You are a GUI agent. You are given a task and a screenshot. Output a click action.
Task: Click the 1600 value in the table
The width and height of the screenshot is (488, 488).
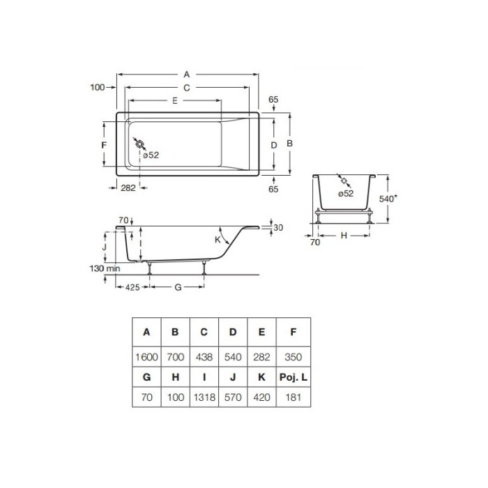tap(146, 356)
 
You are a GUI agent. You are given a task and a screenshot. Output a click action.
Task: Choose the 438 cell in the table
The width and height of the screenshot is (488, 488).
tap(204, 356)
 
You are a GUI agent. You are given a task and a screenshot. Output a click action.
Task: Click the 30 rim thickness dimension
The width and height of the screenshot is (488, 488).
tap(279, 228)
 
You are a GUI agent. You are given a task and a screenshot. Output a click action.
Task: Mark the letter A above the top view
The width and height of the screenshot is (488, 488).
tap(186, 74)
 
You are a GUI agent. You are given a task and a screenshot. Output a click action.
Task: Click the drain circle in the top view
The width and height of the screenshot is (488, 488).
tap(141, 144)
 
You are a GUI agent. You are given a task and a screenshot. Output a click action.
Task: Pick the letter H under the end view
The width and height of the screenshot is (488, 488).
tap(343, 236)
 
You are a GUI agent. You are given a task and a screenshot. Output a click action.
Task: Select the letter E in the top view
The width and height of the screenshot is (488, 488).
tap(174, 101)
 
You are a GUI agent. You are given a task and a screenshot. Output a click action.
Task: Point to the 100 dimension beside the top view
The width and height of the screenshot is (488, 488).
tap(97, 87)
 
